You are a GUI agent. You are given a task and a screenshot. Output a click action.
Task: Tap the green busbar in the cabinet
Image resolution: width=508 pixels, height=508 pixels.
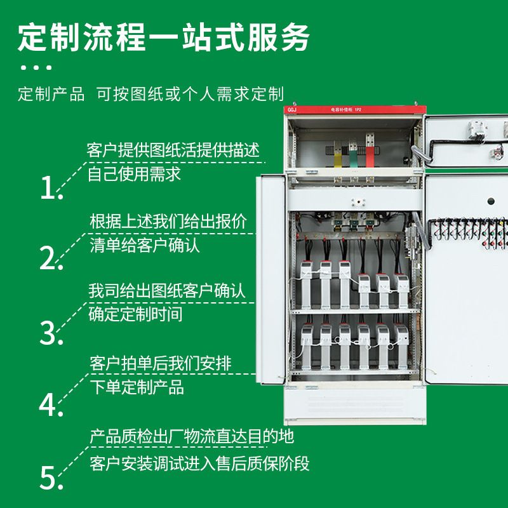click(x=353, y=159)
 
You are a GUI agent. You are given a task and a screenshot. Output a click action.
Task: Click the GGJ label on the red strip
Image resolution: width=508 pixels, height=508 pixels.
click(x=292, y=110)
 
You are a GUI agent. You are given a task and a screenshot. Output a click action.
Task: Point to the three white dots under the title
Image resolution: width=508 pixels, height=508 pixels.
click(x=36, y=68)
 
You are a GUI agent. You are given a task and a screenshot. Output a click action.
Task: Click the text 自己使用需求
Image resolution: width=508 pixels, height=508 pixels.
click(x=134, y=174)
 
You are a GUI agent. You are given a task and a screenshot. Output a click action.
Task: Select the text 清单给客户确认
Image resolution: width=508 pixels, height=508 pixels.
click(x=145, y=245)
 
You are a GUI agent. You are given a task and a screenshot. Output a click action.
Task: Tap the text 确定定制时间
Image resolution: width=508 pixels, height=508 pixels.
click(x=135, y=314)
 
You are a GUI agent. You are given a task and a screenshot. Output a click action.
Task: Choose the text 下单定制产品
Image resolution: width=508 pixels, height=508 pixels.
click(x=137, y=387)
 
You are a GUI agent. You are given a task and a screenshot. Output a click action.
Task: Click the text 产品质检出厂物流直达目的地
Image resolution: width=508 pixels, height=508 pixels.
click(x=192, y=436)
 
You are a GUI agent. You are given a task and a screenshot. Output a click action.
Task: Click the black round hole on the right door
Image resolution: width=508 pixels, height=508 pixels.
click(x=491, y=201)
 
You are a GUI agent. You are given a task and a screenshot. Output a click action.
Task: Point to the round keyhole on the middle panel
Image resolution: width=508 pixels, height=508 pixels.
click(x=358, y=202)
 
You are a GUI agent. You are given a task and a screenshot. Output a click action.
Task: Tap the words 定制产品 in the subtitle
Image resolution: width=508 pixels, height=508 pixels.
click(x=51, y=94)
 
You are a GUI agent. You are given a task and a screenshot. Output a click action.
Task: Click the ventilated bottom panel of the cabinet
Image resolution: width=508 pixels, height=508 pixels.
click(x=355, y=404)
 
